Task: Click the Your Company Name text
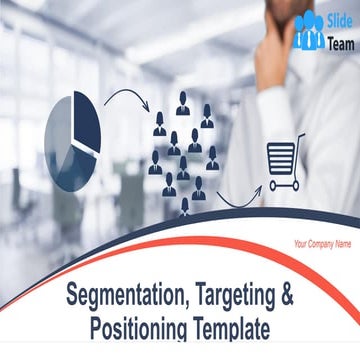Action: pyautogui.click(x=322, y=243)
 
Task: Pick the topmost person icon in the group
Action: pyautogui.click(x=183, y=102)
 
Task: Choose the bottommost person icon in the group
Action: pyautogui.click(x=185, y=207)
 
